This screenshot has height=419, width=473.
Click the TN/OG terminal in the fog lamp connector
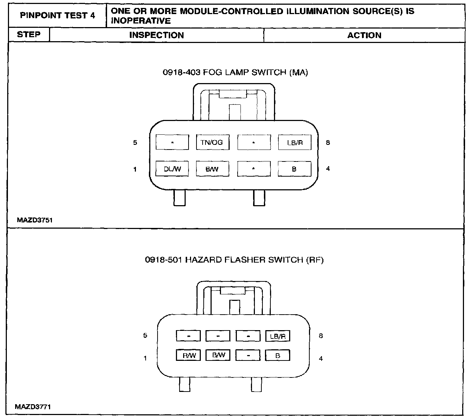click(213, 142)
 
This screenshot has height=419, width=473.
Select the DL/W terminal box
click(172, 169)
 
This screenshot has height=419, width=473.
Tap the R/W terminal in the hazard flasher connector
click(189, 355)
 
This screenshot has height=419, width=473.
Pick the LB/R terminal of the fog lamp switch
click(295, 142)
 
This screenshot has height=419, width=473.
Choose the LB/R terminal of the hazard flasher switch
click(278, 336)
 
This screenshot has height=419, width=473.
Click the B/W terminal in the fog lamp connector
click(212, 169)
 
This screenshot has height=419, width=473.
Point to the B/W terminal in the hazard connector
click(218, 355)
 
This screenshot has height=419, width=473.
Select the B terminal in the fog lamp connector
click(295, 169)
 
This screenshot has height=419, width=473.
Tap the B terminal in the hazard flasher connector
click(278, 355)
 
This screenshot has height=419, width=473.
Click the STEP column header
click(29, 34)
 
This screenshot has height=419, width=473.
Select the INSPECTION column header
click(157, 35)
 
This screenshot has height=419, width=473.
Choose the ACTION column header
click(364, 35)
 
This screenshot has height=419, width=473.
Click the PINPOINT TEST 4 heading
click(57, 16)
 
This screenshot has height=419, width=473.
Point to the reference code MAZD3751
click(35, 220)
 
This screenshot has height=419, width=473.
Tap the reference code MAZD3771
click(33, 407)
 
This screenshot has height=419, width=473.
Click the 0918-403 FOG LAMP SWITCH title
click(235, 72)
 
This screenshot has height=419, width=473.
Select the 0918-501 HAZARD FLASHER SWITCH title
click(234, 260)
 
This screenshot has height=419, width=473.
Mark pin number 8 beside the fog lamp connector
click(328, 142)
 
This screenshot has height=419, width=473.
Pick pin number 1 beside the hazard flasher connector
click(145, 358)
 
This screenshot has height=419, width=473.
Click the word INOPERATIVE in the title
click(141, 21)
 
